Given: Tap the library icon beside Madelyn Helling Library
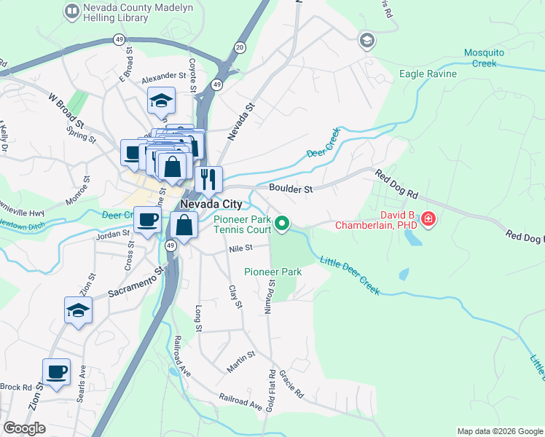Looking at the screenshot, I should (72, 10).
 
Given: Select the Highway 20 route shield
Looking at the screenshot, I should (240, 47).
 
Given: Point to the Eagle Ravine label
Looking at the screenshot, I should (428, 74).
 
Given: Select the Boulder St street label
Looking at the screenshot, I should (290, 189).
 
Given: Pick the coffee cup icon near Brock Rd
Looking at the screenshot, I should (57, 371).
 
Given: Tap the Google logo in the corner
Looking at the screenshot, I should (24, 428).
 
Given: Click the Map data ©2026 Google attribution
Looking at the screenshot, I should (499, 431).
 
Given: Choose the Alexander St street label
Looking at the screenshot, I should (164, 76).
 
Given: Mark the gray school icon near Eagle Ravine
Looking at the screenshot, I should (367, 41).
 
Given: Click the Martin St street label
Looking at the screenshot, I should (240, 361).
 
